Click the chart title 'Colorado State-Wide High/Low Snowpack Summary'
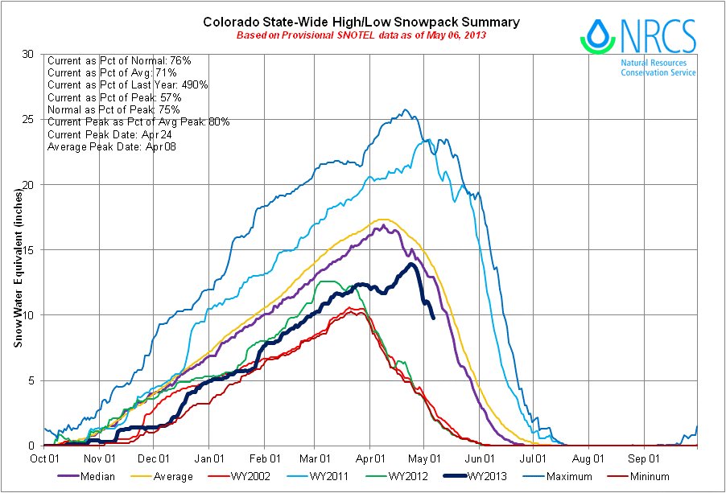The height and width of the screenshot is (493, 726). click(x=361, y=22)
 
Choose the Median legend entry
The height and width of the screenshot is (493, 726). click(x=89, y=477)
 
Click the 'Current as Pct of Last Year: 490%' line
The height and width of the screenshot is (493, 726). click(x=128, y=84)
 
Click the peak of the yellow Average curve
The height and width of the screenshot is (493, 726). click(x=382, y=219)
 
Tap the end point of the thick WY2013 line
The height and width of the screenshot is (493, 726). click(x=433, y=317)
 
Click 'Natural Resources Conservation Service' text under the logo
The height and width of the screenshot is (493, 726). click(x=658, y=67)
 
